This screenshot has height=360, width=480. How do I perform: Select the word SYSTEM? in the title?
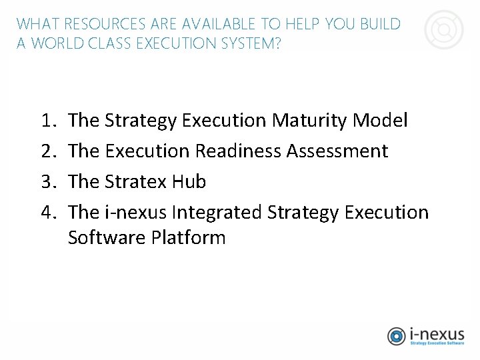[x=255, y=43]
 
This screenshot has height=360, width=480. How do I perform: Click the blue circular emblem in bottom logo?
[x=397, y=336]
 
